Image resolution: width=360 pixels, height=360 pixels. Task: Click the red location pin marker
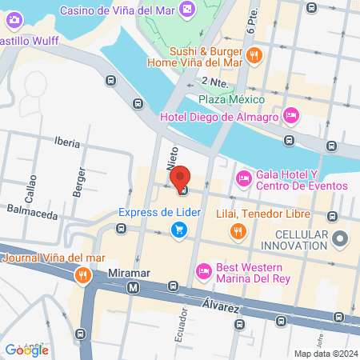pos(181,177)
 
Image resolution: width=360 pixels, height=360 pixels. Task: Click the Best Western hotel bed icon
pos(204,272)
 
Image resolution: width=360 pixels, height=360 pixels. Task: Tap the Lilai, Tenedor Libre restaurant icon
pos(238,232)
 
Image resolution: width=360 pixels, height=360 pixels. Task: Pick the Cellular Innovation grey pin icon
pos(341,238)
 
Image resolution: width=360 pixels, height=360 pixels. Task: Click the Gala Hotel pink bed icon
pos(242,178)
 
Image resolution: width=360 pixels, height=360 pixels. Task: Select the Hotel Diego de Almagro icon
pos(291,117)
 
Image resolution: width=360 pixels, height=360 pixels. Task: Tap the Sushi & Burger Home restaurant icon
pos(253,55)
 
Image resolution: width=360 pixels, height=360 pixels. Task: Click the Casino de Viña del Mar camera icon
pos(186,10)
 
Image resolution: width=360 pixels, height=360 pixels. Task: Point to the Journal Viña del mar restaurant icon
pos(82,276)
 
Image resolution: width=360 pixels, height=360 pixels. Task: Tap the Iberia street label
pos(68,142)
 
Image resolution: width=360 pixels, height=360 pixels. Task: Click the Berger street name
pos(80,182)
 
